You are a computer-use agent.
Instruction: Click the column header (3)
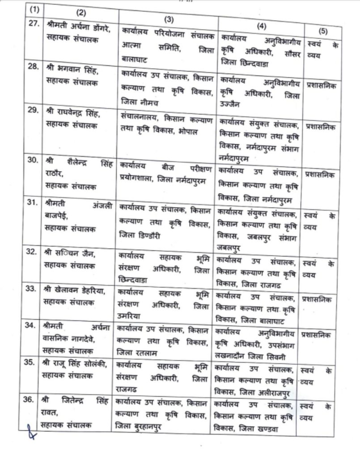tap(169, 19)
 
